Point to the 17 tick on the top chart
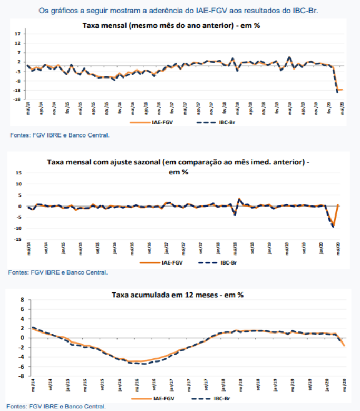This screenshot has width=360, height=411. click(x=17, y=33)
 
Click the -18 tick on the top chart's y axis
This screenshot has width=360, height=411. click(x=17, y=99)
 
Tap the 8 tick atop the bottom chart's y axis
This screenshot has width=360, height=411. click(x=23, y=299)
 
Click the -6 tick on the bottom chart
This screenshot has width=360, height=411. click(x=22, y=367)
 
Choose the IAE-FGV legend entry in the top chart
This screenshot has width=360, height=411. click(x=152, y=122)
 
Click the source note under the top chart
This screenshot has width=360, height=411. click(x=60, y=135)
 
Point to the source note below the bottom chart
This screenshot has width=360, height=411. click(x=57, y=406)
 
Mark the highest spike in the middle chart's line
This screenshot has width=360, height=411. click(x=239, y=199)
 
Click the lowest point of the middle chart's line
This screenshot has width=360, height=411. click(x=333, y=227)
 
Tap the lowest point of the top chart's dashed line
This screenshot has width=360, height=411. click(x=337, y=92)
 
